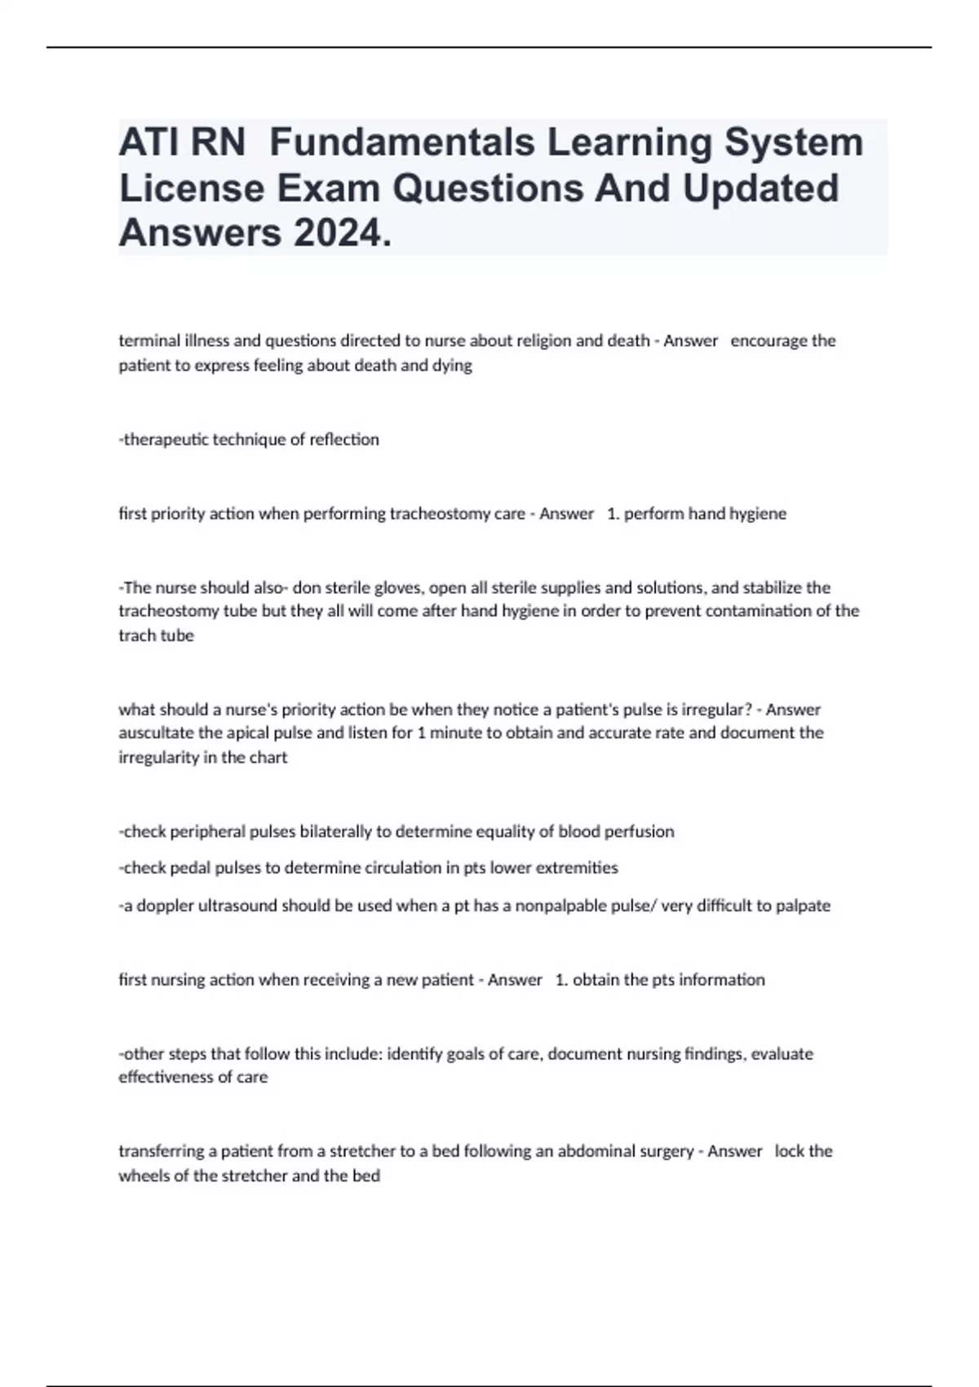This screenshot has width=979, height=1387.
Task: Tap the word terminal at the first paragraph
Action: pyautogui.click(x=146, y=340)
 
